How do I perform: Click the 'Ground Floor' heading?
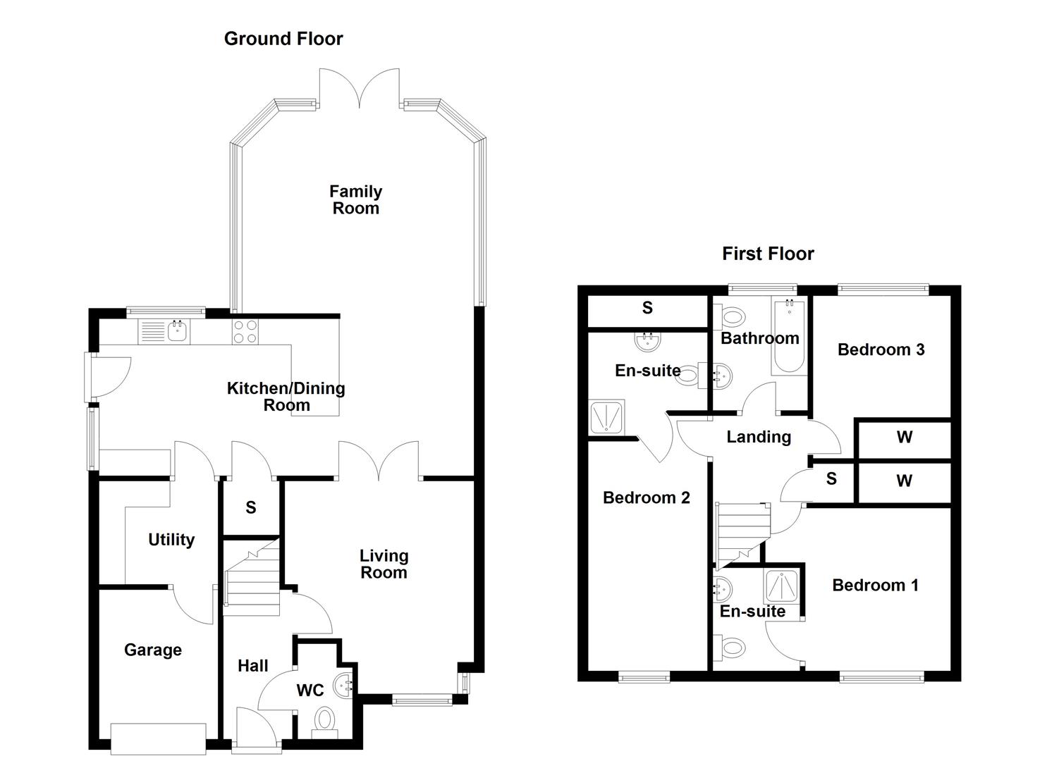tap(283, 39)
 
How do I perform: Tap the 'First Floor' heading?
tap(768, 254)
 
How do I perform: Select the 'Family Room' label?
tap(356, 199)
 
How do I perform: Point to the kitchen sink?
tap(178, 330)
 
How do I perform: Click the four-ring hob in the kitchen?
tap(245, 331)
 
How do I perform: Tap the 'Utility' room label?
tap(171, 540)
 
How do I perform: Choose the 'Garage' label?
tap(153, 650)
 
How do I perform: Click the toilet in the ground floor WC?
tap(324, 720)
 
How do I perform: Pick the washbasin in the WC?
tap(344, 684)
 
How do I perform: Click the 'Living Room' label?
tap(384, 564)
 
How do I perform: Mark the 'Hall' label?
tap(252, 665)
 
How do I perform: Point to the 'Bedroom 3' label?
tap(881, 349)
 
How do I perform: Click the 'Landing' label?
tap(759, 437)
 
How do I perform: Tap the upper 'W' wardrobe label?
tap(905, 438)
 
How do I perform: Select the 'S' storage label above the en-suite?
tap(647, 308)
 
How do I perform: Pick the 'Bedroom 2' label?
tap(646, 498)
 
